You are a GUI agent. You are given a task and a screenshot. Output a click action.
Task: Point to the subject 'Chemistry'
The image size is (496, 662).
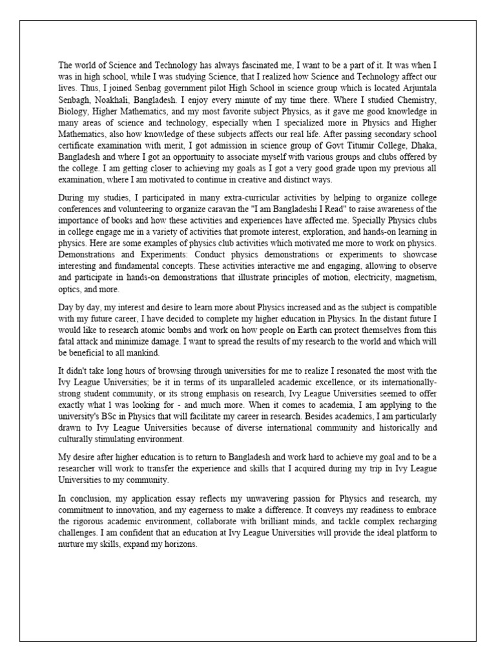tap(417, 100)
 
